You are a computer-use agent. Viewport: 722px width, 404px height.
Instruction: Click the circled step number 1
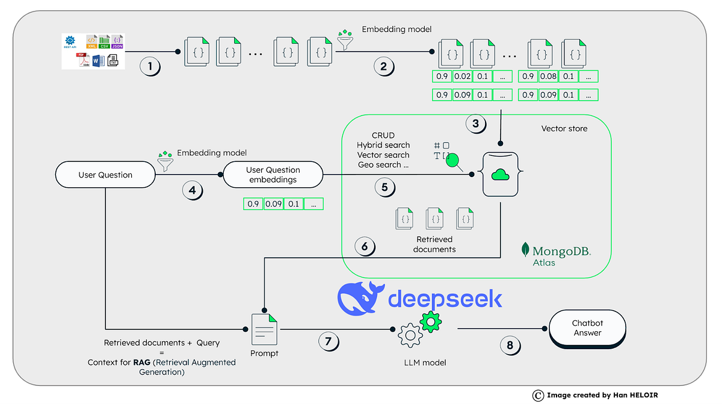coord(150,66)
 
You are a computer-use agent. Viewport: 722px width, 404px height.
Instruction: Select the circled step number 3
coord(475,124)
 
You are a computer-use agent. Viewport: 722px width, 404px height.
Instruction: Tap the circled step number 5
coord(384,187)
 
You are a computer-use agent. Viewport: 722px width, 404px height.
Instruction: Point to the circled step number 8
coord(510,345)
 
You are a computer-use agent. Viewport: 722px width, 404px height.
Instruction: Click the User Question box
coord(105,175)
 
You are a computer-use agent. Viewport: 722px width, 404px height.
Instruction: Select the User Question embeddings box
coord(273,175)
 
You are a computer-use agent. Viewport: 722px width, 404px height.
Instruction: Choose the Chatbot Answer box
coord(587,328)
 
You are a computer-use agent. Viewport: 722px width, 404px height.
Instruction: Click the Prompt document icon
coord(265,329)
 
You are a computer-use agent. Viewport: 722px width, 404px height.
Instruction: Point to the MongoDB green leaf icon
coord(525,250)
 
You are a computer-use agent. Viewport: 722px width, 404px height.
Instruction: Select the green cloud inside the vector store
coord(500,174)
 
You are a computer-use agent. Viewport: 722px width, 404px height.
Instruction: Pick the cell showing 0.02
coord(462,76)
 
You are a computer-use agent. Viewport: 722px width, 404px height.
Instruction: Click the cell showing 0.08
coord(548,76)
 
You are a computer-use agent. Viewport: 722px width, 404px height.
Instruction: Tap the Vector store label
coord(564,128)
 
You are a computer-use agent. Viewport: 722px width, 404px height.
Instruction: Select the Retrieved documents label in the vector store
coord(434,244)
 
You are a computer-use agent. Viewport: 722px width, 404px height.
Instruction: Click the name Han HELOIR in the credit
coord(632,396)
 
